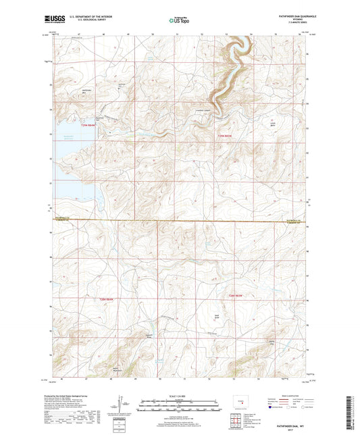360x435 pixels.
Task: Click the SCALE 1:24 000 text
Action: pos(180,395)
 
